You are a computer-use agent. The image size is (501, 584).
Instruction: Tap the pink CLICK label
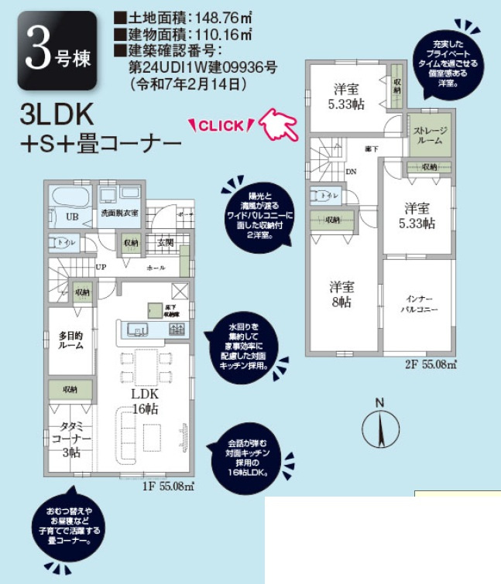(221, 126)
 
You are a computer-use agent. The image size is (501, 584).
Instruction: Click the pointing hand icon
(280, 124)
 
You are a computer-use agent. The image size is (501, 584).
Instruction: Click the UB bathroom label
(72, 216)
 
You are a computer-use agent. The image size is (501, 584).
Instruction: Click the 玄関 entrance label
(166, 243)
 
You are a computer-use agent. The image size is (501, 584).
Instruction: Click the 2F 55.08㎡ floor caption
(431, 363)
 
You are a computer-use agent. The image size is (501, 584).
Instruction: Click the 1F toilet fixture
(60, 243)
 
